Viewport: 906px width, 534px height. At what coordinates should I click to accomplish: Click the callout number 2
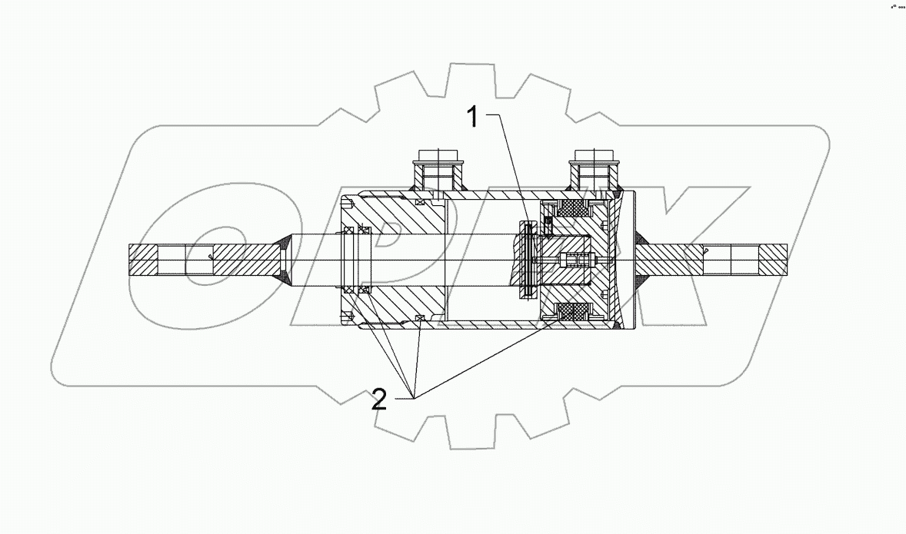[378, 400]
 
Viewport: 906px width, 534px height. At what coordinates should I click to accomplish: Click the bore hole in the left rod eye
[172, 260]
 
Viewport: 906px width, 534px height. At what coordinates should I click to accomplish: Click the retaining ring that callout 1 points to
[527, 259]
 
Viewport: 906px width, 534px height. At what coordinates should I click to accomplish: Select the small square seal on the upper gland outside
[420, 203]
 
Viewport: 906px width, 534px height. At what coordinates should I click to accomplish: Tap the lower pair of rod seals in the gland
[357, 290]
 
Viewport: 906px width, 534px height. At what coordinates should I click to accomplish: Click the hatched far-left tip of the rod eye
[143, 260]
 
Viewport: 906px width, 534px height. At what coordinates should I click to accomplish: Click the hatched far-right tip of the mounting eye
[774, 260]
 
